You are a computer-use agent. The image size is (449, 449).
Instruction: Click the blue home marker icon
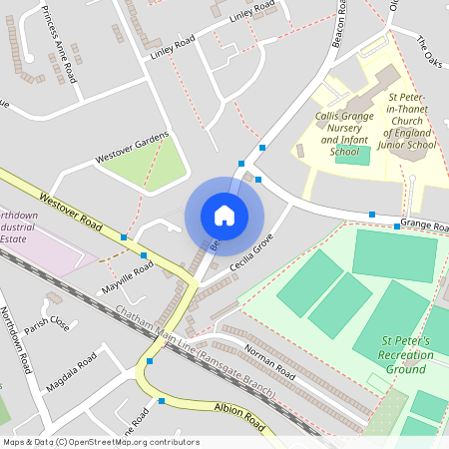(224, 215)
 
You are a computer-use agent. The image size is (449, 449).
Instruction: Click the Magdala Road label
(74, 371)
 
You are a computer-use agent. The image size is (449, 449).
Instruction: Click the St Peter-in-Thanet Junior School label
(410, 123)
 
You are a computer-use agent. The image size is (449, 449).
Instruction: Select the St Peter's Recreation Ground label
(407, 355)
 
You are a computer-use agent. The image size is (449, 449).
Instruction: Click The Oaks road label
(427, 47)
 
